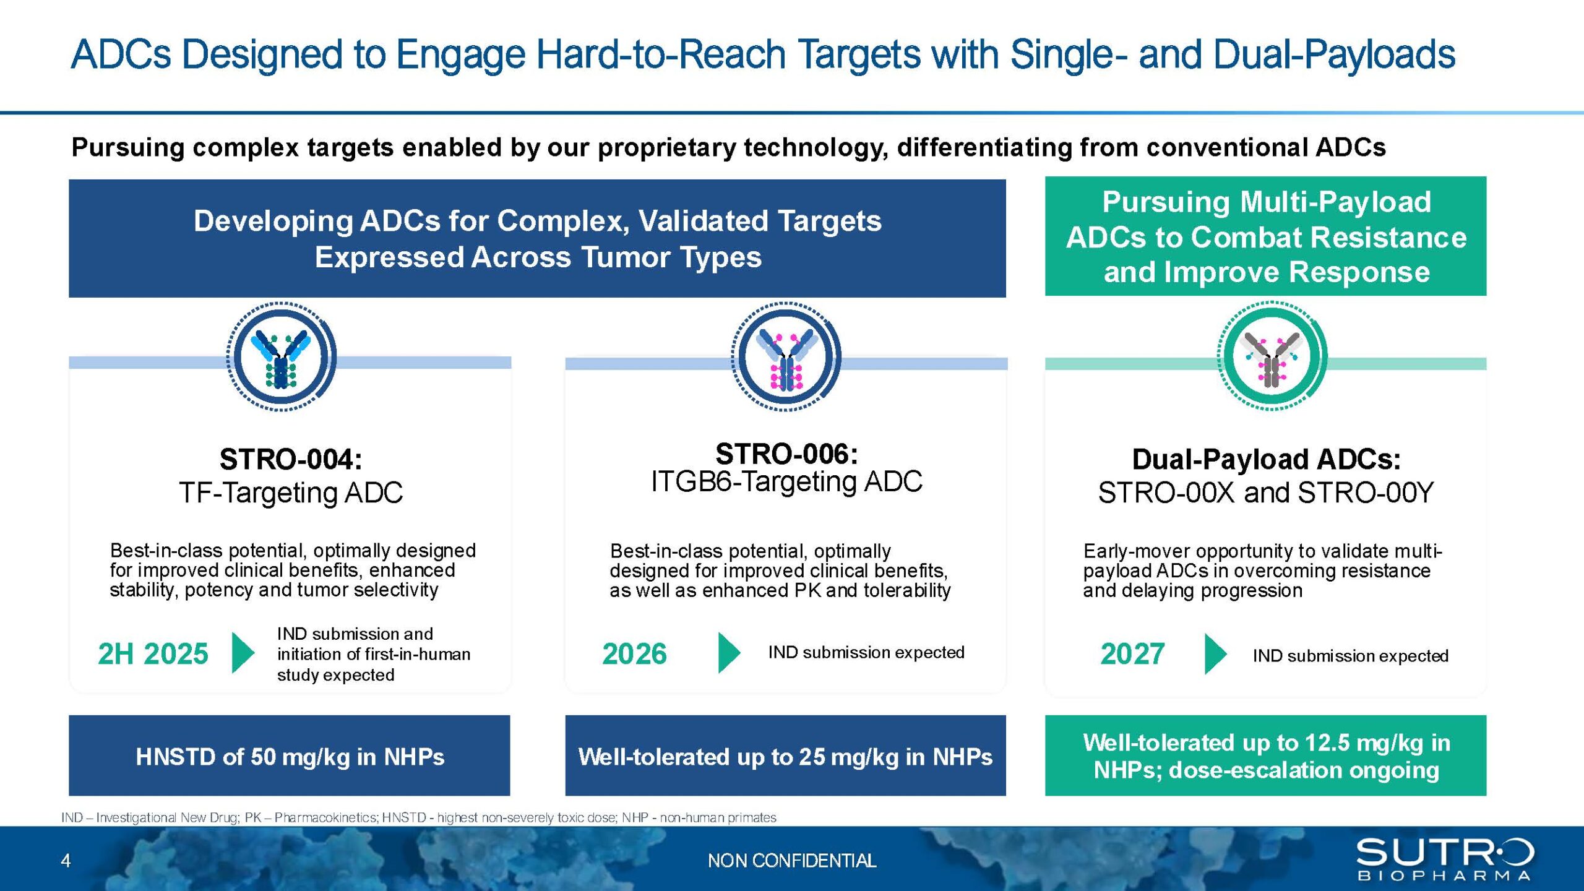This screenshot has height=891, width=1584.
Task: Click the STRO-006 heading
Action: tap(786, 454)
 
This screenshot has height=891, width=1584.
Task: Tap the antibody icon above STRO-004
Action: tap(282, 356)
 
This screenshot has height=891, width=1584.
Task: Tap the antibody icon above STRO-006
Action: tap(786, 356)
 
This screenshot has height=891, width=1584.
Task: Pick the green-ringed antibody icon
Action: tap(1272, 356)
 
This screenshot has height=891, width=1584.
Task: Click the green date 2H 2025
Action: tap(153, 654)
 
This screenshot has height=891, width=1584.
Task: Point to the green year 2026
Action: tap(634, 654)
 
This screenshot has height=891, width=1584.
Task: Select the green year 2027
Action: tap(1132, 654)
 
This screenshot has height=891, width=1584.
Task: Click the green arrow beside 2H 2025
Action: tap(243, 652)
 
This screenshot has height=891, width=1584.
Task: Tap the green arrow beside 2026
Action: tap(729, 652)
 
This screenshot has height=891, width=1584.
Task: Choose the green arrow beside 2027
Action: tap(1216, 653)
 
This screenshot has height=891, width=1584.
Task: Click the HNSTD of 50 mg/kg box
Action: tap(290, 755)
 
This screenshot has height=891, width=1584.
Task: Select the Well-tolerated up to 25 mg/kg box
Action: tap(785, 755)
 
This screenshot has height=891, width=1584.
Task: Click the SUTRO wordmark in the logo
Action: tap(1445, 853)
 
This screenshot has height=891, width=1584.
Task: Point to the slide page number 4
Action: tap(66, 861)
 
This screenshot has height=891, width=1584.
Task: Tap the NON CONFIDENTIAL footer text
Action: tap(792, 861)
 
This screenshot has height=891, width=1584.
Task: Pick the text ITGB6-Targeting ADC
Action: tap(786, 482)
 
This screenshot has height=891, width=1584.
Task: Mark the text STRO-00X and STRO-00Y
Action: tap(1266, 493)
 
